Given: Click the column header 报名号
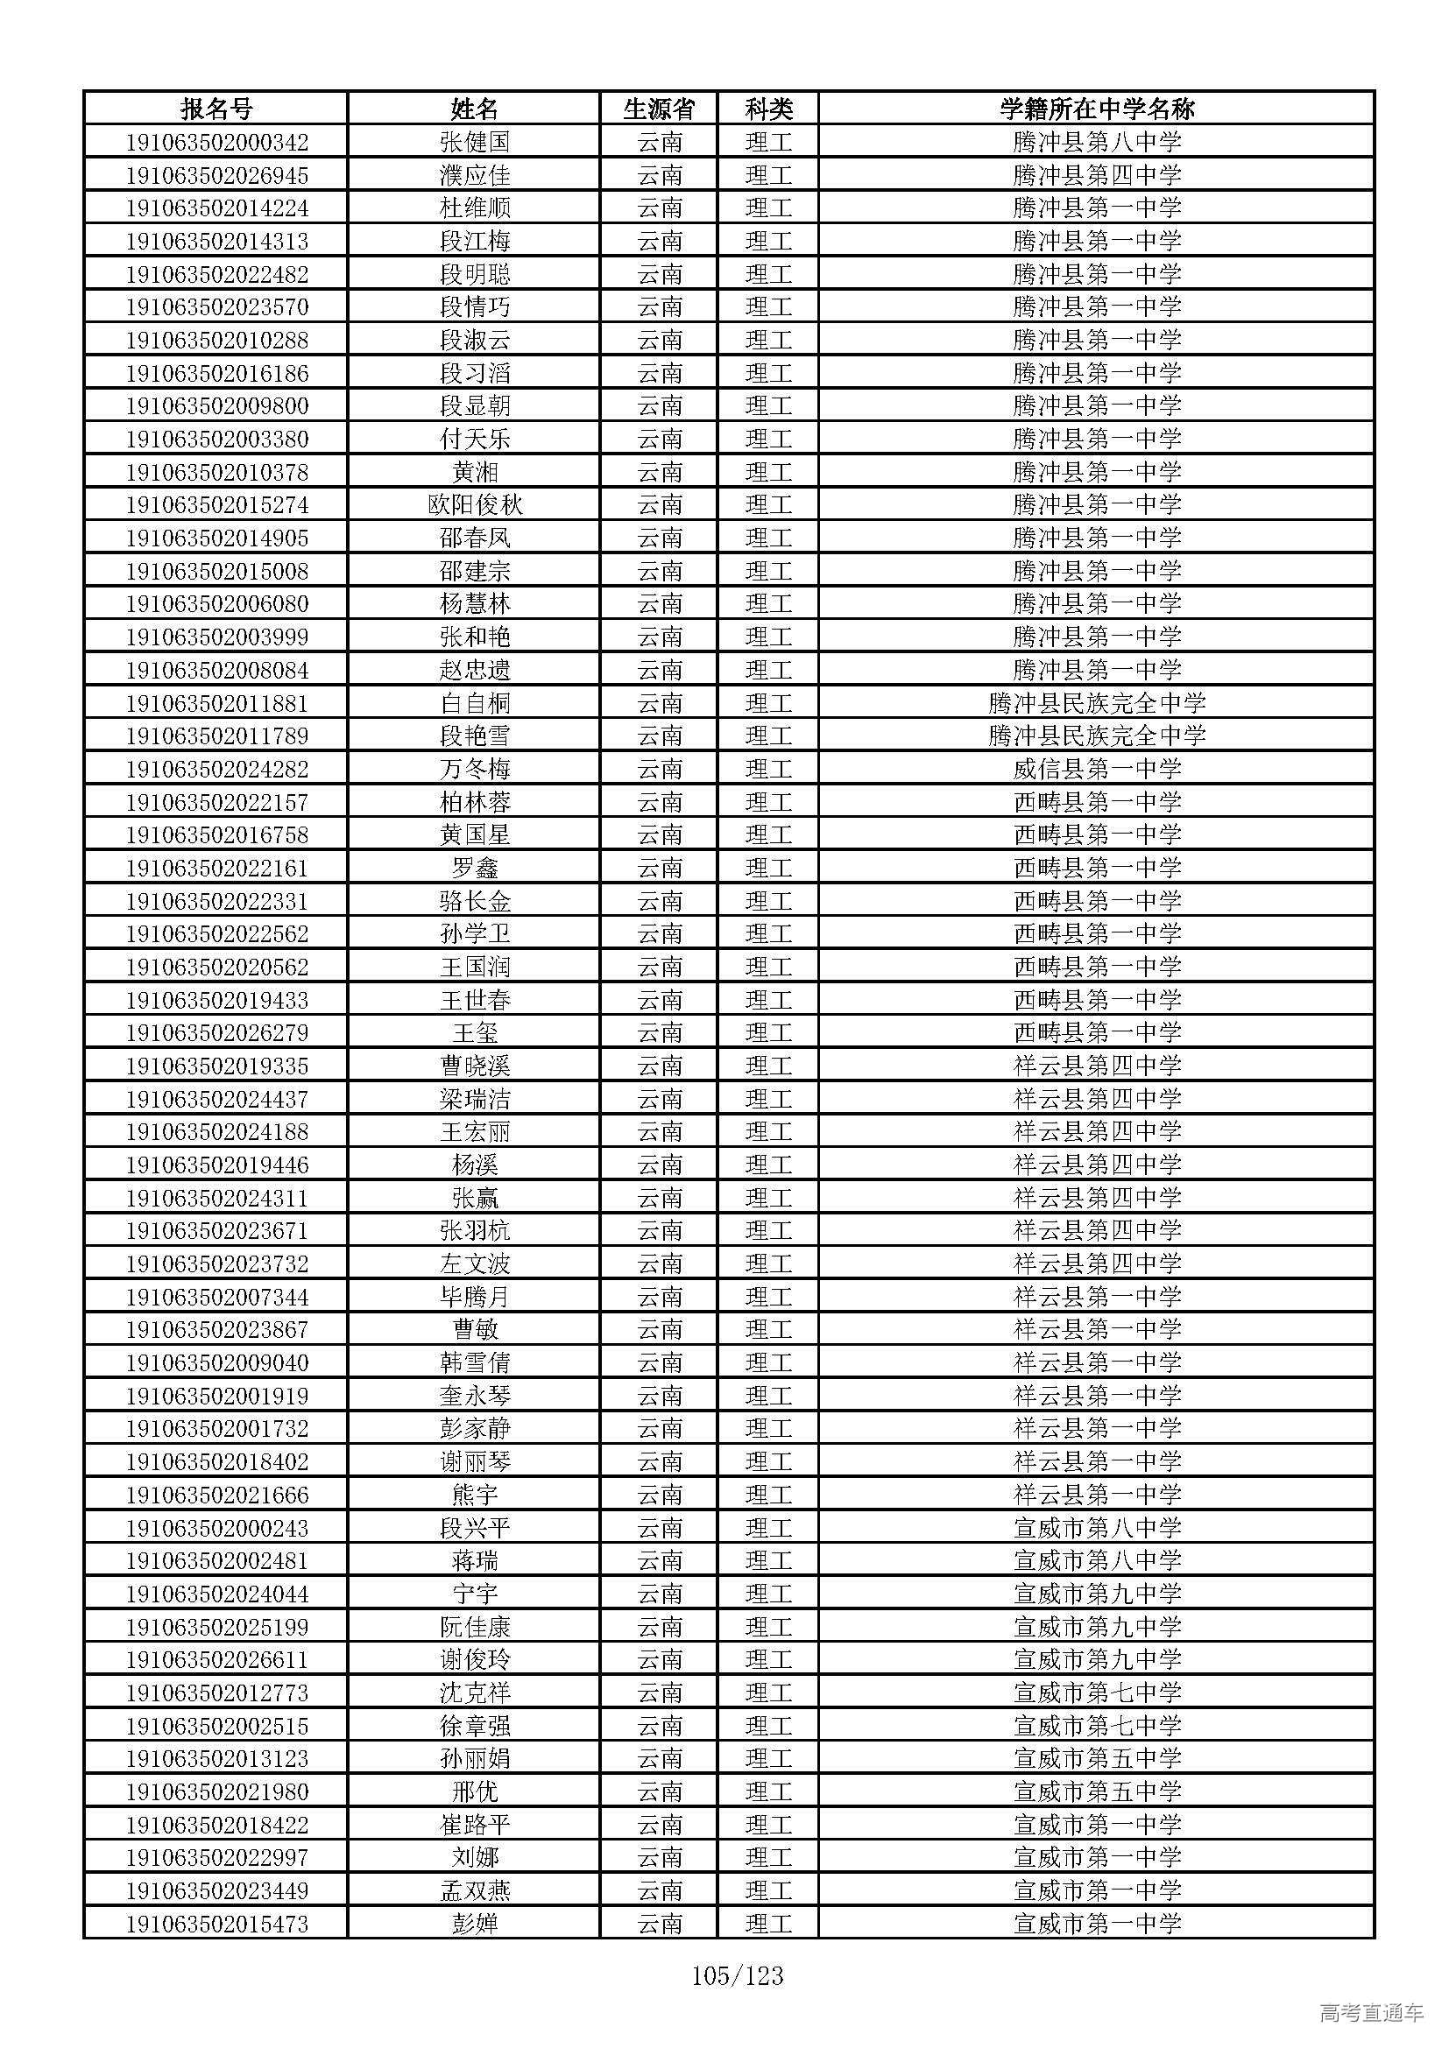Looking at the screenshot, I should click(216, 109).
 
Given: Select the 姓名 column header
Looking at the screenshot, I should click(474, 109).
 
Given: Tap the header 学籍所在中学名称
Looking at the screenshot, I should click(1097, 109).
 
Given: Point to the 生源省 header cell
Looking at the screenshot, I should click(660, 109).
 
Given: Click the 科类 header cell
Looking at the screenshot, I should click(768, 109).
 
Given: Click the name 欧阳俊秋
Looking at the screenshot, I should click(474, 505).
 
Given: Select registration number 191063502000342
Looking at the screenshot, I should click(216, 142).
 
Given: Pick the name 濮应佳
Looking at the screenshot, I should click(474, 175).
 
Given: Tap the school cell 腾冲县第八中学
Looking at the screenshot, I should click(1097, 142).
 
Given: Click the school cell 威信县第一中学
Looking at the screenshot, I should click(1097, 769).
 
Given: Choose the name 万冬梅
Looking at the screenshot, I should click(474, 769).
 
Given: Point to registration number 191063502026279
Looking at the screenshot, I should click(216, 1033).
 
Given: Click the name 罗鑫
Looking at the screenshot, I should click(474, 868).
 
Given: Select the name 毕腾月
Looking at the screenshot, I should click(474, 1297).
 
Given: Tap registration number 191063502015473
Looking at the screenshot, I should click(216, 1924).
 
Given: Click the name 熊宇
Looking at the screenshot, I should click(474, 1495).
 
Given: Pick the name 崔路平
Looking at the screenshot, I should click(474, 1825).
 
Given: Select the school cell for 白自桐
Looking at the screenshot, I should click(1097, 703).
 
